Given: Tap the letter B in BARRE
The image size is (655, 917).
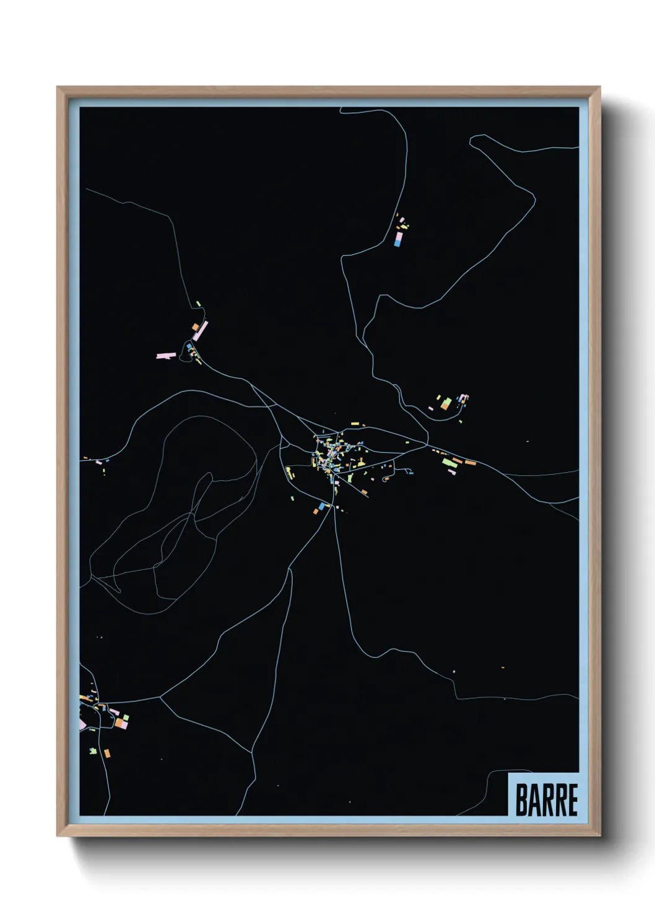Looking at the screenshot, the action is [521, 799].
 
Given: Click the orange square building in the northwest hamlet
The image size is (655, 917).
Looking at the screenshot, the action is [195, 327].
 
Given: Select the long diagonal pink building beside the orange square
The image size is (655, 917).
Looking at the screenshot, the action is [201, 331].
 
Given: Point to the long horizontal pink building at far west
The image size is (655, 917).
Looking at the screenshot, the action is [166, 356].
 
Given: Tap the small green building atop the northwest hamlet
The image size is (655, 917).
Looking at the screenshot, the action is [198, 304].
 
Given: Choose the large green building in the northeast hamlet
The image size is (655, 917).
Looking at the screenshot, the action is [446, 403].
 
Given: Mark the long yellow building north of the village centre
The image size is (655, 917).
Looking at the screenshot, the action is [354, 423].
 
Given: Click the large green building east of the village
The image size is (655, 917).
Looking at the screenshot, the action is [446, 461].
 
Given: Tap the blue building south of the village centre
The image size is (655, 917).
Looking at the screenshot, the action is [321, 506].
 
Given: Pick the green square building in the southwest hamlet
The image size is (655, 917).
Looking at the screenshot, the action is [126, 717].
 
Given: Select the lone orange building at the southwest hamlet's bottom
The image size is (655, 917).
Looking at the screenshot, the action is [107, 753].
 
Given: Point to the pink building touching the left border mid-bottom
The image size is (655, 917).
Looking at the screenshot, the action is [82, 724].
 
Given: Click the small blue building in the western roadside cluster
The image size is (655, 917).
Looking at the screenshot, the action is [107, 461].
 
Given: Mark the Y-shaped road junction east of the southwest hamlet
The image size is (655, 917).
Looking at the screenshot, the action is [160, 697].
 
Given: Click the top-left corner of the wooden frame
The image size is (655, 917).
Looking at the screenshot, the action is [58, 88].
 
